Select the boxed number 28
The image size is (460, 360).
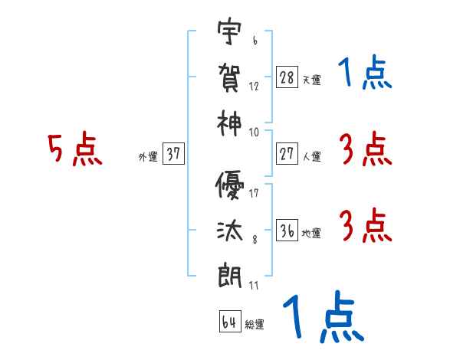coord(287,77)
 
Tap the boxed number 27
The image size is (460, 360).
coord(287,154)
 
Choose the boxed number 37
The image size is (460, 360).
coord(173,154)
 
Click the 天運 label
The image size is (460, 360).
coord(311,80)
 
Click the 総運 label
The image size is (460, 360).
coord(255,325)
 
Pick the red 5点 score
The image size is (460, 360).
coord(74,150)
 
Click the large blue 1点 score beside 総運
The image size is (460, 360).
coord(322,318)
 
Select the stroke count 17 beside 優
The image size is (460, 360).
coord(254,193)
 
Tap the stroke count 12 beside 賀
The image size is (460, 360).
coord(254,85)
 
